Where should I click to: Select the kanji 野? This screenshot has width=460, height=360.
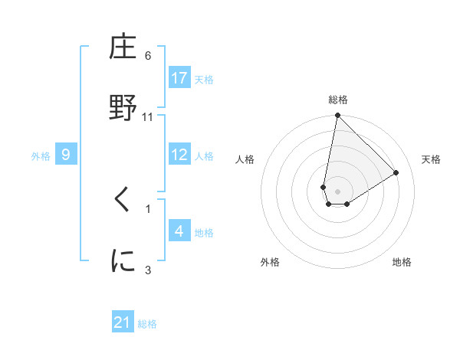click(123, 107)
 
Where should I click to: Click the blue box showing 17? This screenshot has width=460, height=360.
click(179, 78)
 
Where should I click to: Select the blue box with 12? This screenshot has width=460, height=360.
click(179, 155)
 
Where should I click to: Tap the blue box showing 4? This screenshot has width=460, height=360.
click(179, 231)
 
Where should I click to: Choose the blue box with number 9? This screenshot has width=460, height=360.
click(66, 155)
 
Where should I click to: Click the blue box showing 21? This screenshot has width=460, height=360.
click(123, 322)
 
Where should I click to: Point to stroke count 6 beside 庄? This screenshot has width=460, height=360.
click(148, 56)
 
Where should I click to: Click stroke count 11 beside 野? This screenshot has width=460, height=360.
click(148, 116)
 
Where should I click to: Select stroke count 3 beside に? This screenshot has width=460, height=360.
click(148, 269)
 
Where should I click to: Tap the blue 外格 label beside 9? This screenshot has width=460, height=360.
click(41, 155)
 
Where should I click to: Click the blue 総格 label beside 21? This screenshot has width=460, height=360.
click(147, 324)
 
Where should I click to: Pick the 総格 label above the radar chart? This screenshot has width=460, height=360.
click(338, 100)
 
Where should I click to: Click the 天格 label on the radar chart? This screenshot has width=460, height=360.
click(431, 159)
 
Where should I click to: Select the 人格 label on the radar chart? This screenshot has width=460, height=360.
click(245, 159)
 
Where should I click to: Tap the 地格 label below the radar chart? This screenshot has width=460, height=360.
click(402, 262)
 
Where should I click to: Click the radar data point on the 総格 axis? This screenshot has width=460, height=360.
click(337, 116)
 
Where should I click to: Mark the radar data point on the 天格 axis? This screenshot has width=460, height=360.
click(396, 172)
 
